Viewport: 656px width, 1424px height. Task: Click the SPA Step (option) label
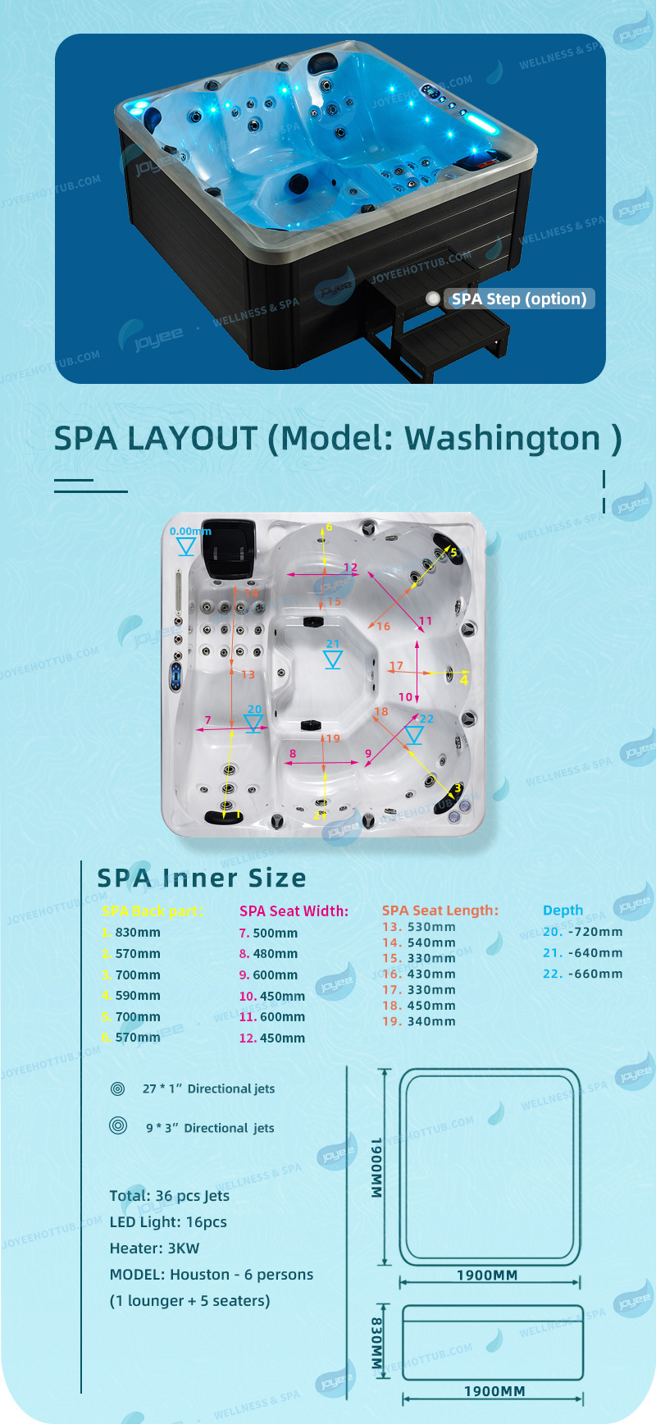519,299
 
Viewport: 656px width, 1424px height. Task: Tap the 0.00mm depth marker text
190,532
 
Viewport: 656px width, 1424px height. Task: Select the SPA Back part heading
153,911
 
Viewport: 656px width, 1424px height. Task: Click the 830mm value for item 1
137,933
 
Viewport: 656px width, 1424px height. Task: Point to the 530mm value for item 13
430,927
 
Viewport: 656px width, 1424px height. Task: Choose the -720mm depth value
594,932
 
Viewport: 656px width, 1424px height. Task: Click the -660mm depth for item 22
594,974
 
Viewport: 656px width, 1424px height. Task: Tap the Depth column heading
563,911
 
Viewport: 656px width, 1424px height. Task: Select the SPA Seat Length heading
440,911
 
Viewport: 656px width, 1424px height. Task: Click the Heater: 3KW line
154,1248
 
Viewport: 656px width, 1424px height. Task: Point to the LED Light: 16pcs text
168,1222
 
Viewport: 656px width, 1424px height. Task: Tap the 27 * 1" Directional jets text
208,1089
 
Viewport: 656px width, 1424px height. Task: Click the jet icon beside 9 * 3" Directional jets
118,1125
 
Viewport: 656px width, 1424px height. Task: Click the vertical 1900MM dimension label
376,1168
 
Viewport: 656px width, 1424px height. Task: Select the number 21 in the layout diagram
332,644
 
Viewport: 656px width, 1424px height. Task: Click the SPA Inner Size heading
202,878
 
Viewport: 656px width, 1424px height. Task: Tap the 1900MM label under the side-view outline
494,1391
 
